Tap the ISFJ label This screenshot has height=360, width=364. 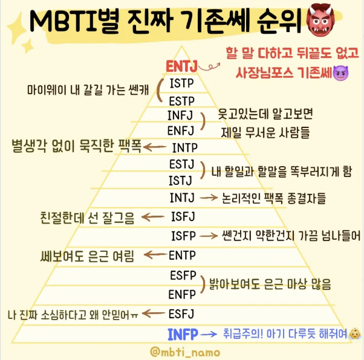pyautogui.click(x=182, y=215)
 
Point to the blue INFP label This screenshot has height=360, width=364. pyautogui.click(x=181, y=333)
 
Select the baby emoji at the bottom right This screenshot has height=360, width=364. pyautogui.click(x=355, y=333)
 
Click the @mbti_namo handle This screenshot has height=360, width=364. pyautogui.click(x=183, y=351)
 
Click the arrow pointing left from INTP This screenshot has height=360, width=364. pyautogui.click(x=155, y=147)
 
